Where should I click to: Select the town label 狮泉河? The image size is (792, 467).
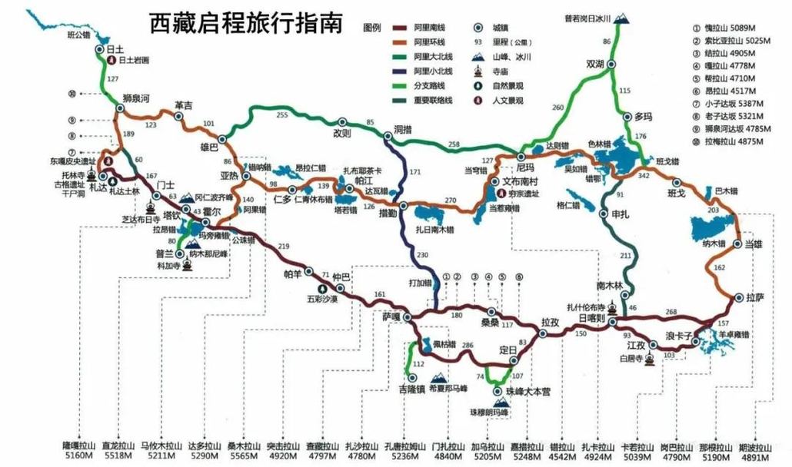tap(135, 98)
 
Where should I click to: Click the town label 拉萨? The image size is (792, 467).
tap(754, 296)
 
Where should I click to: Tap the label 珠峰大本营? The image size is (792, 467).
tap(528, 391)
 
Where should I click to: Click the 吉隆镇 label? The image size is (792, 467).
tap(411, 389)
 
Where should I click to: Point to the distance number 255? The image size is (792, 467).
tap(281, 115)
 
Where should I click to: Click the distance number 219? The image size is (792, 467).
tap(285, 246)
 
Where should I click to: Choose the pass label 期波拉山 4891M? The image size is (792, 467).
tap(754, 450)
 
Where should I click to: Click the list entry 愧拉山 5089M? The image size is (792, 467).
tap(727, 28)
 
